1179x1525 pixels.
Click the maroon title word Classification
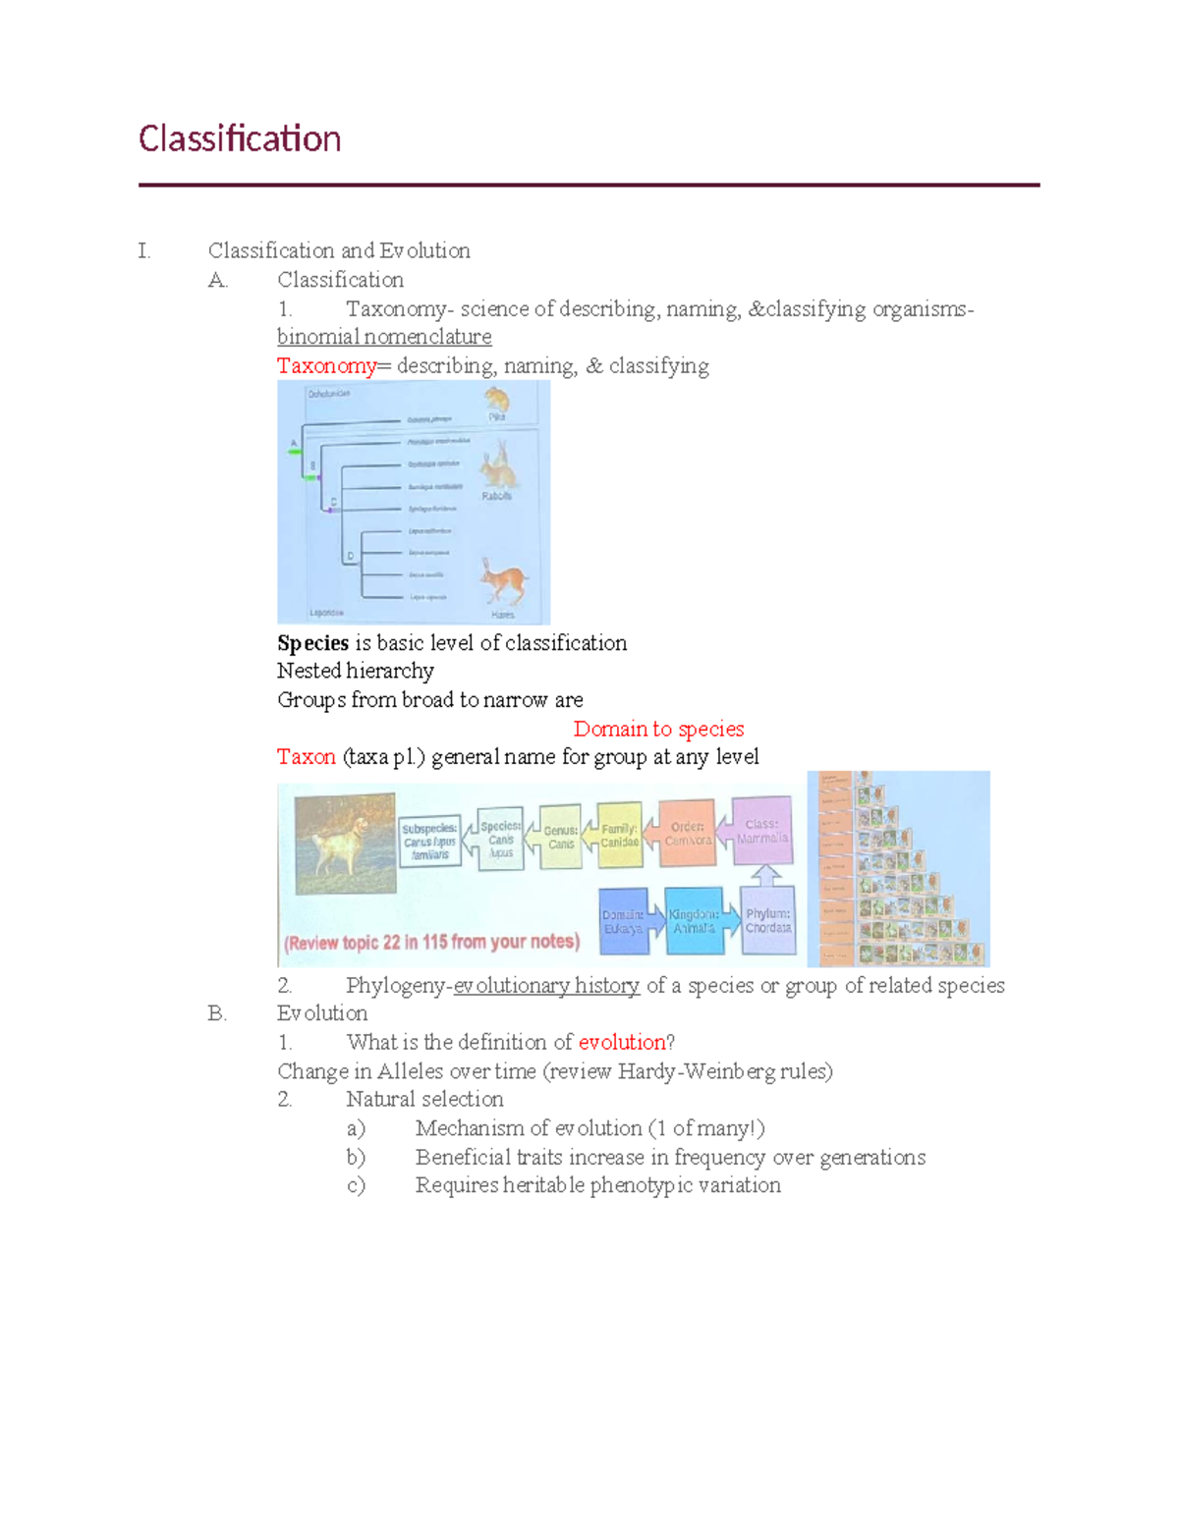(239, 138)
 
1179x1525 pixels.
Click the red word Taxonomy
(325, 366)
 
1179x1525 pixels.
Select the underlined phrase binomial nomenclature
(384, 337)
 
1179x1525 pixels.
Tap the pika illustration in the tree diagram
(496, 399)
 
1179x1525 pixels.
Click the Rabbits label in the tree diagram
(496, 496)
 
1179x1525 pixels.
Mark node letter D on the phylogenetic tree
(350, 557)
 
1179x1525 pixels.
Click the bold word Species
(312, 643)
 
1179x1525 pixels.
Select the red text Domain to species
(658, 729)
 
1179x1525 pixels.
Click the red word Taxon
(306, 757)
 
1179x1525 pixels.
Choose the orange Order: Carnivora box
(688, 833)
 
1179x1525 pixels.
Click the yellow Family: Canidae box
(619, 836)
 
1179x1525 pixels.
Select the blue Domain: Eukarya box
(623, 921)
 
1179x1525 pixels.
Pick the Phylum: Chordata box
(767, 920)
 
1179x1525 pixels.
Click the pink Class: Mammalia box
(762, 831)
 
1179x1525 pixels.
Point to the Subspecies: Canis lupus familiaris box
(429, 842)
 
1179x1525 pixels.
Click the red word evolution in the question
(622, 1042)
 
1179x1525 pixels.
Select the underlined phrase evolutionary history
(546, 985)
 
